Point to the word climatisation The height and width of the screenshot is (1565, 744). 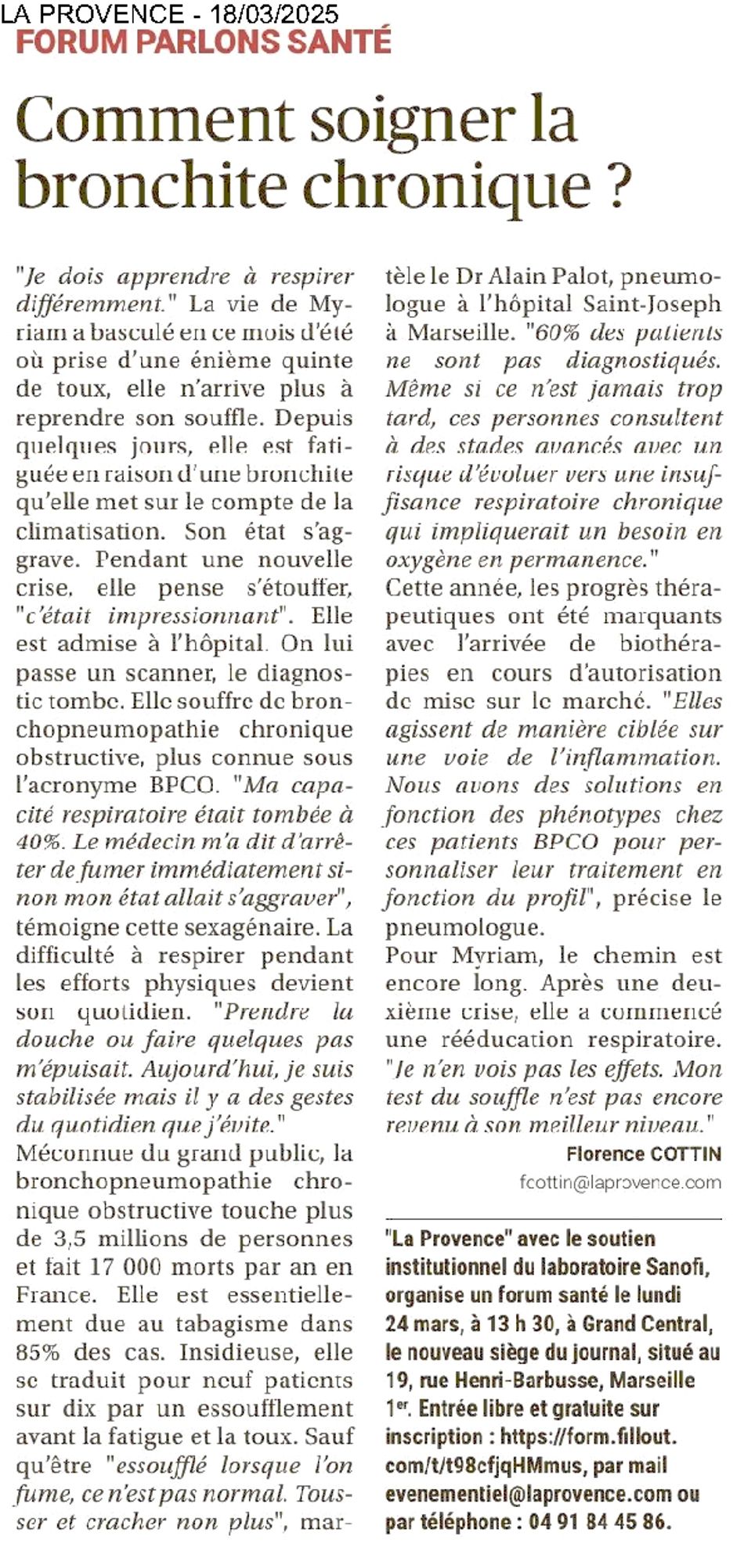[88, 531]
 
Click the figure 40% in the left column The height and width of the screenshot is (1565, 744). [34, 842]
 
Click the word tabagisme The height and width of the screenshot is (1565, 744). [244, 1324]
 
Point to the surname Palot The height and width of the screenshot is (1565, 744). [533, 276]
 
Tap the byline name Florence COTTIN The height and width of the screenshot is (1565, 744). [643, 1153]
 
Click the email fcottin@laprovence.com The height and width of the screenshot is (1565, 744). [619, 1182]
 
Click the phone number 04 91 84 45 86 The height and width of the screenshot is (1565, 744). [600, 1522]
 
